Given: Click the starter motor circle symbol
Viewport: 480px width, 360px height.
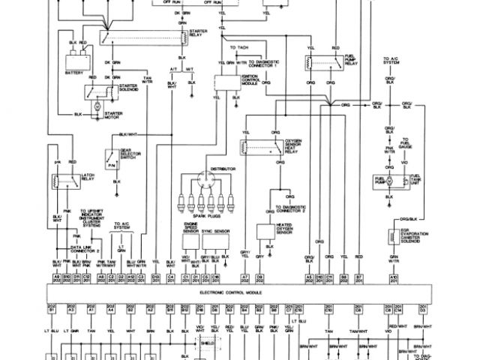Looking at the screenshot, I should pos(96,106).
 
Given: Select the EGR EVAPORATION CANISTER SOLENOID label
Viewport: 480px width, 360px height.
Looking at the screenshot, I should pos(418,235).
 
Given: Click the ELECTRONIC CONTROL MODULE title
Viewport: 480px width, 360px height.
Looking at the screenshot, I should pos(237,293).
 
